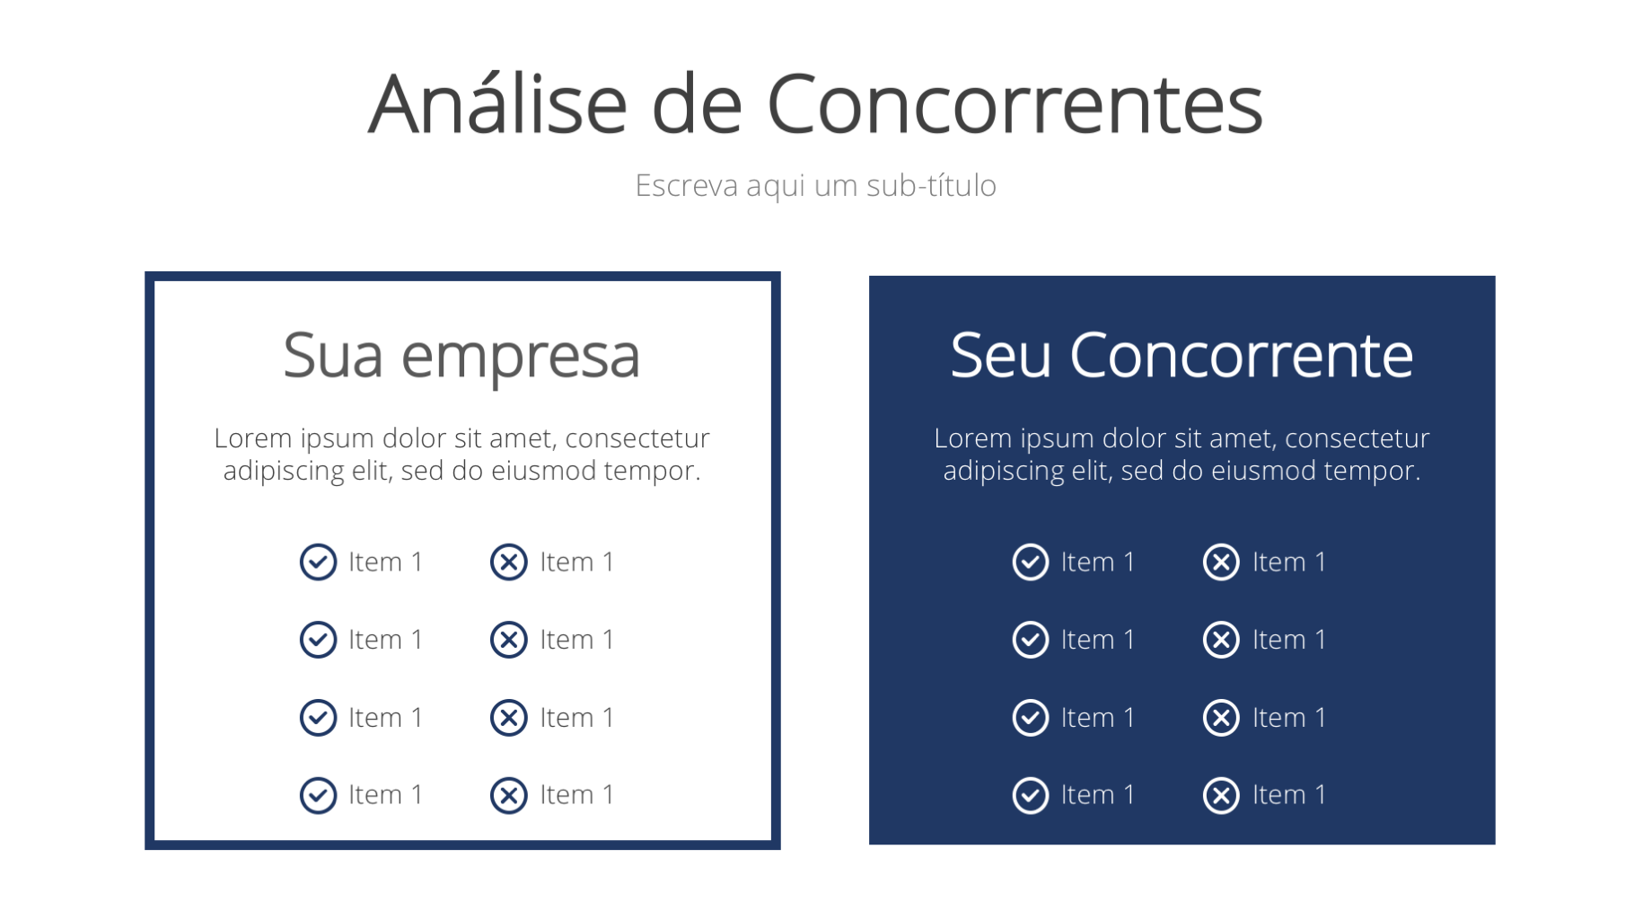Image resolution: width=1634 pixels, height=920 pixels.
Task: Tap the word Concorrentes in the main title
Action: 1015,104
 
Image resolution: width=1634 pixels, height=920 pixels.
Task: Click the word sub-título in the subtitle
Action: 931,185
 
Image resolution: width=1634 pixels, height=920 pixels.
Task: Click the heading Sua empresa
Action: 461,357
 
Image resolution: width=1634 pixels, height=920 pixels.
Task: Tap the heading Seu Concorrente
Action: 1182,355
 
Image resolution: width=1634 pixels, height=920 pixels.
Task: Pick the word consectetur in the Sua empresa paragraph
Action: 637,438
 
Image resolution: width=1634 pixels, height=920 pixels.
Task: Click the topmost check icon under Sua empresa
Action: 318,562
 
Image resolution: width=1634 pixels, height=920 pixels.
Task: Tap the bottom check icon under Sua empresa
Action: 318,795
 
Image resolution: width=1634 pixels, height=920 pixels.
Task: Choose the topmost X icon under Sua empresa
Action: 509,562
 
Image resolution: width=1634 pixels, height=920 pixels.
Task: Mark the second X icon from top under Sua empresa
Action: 509,640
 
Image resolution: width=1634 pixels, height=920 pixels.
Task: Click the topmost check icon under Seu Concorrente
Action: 1031,562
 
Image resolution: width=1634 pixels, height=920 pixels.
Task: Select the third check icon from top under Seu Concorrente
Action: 1031,718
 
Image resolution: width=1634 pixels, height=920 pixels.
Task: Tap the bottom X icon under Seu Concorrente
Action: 1222,795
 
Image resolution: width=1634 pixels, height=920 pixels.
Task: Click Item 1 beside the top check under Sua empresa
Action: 385,562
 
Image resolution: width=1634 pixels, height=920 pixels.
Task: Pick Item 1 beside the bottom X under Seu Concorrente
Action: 1289,795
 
